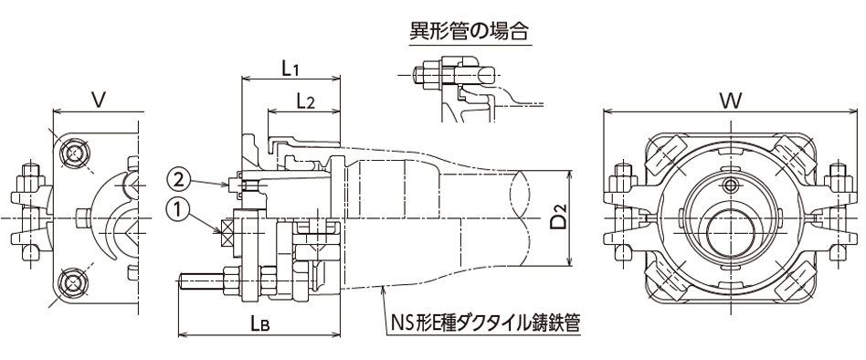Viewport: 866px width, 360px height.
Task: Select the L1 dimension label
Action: [290, 67]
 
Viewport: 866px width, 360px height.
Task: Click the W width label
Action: [729, 99]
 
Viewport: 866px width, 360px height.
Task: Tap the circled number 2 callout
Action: [179, 177]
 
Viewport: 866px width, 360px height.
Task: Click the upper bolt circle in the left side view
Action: [74, 153]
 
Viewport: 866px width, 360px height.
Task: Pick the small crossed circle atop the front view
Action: [729, 186]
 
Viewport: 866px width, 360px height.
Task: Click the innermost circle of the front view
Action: [729, 225]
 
